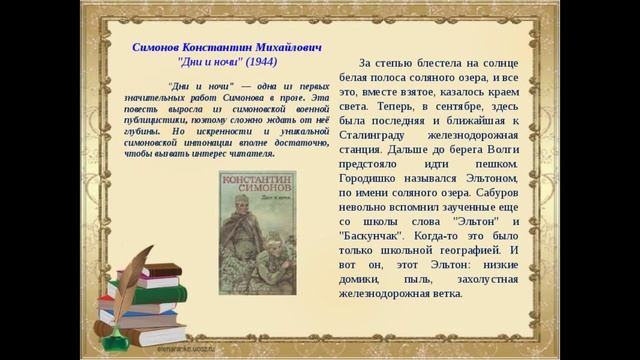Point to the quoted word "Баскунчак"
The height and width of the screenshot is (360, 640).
[373, 234]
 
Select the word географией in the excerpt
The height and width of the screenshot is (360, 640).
[451, 249]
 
